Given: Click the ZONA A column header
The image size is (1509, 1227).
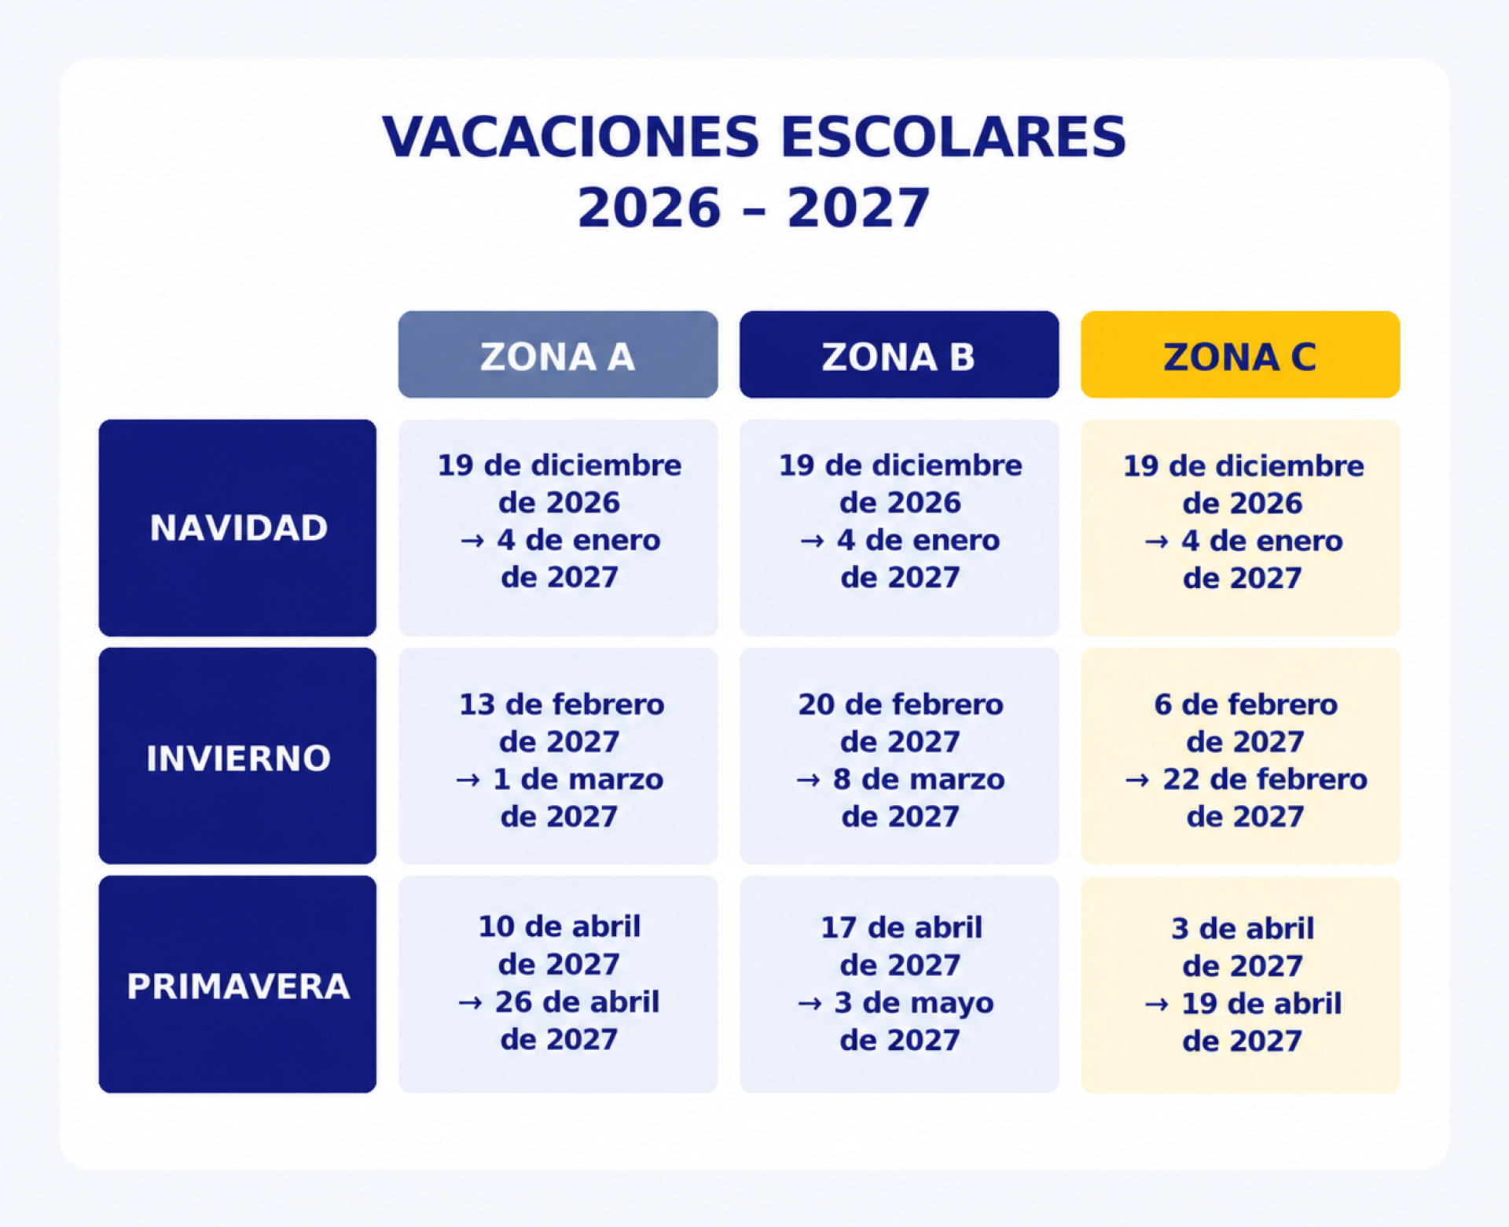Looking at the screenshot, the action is [x=558, y=355].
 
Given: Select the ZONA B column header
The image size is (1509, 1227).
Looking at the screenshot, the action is [x=899, y=355].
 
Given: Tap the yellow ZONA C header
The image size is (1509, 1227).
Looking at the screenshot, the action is [x=1240, y=355].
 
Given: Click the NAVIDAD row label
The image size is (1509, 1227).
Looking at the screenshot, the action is [x=237, y=527].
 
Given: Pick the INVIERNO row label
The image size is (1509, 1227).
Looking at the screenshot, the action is [x=237, y=756].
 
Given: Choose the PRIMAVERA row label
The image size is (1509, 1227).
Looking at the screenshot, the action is [x=237, y=984].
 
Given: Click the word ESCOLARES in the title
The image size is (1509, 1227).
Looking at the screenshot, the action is [x=953, y=137].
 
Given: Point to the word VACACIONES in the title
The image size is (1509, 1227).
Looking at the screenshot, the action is [x=571, y=137].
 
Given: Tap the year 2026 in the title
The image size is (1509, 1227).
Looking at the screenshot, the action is [x=649, y=208].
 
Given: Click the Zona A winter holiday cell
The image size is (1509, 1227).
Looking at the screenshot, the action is [x=558, y=756].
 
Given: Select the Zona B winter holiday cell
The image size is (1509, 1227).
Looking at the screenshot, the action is [x=899, y=756].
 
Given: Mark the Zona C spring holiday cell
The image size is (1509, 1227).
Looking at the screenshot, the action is [x=1240, y=984].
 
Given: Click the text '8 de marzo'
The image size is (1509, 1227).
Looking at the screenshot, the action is [x=919, y=779].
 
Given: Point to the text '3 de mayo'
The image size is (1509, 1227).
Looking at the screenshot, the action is [x=914, y=1002].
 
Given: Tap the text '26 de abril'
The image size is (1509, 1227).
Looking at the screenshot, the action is [x=577, y=1001].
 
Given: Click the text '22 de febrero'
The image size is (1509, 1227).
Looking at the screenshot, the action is [x=1265, y=779].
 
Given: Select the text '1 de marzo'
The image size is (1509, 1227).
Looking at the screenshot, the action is [x=578, y=779].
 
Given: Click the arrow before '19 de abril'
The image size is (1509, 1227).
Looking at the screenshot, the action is [x=1156, y=1005].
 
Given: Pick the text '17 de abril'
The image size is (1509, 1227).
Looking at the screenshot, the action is [x=901, y=928].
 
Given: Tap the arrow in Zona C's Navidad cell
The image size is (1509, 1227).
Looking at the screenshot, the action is [x=1156, y=542].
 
